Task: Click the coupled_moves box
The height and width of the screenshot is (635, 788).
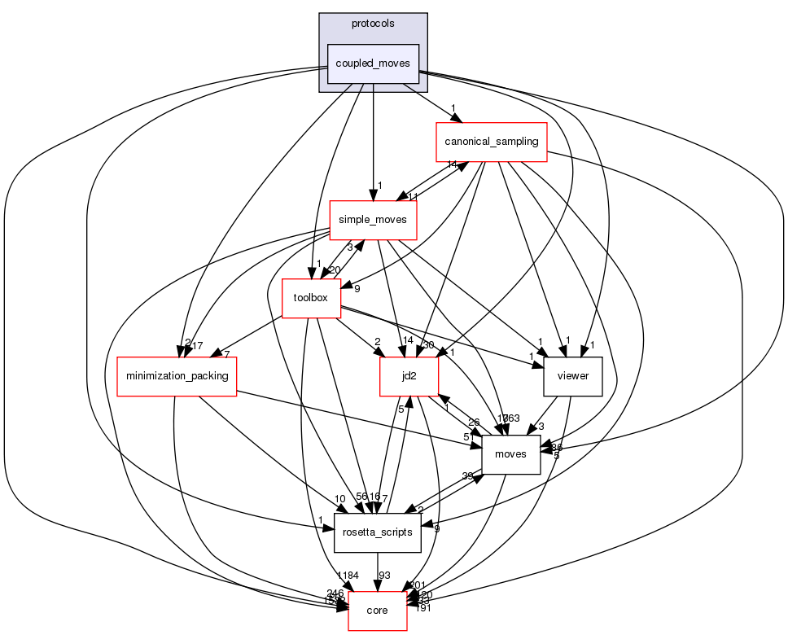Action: (x=373, y=63)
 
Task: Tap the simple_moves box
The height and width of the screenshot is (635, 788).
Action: (x=373, y=220)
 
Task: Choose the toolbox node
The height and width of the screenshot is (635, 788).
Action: (x=310, y=298)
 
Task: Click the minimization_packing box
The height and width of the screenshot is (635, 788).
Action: (x=177, y=376)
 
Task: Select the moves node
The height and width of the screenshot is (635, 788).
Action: (x=511, y=453)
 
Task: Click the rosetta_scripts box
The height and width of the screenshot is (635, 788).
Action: (x=378, y=532)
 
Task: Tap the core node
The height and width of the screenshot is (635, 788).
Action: (x=378, y=610)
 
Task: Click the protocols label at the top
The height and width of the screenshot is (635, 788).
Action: (x=373, y=24)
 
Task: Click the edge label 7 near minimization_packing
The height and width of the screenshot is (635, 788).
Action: (x=226, y=355)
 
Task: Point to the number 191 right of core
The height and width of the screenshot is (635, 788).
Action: (x=422, y=608)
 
